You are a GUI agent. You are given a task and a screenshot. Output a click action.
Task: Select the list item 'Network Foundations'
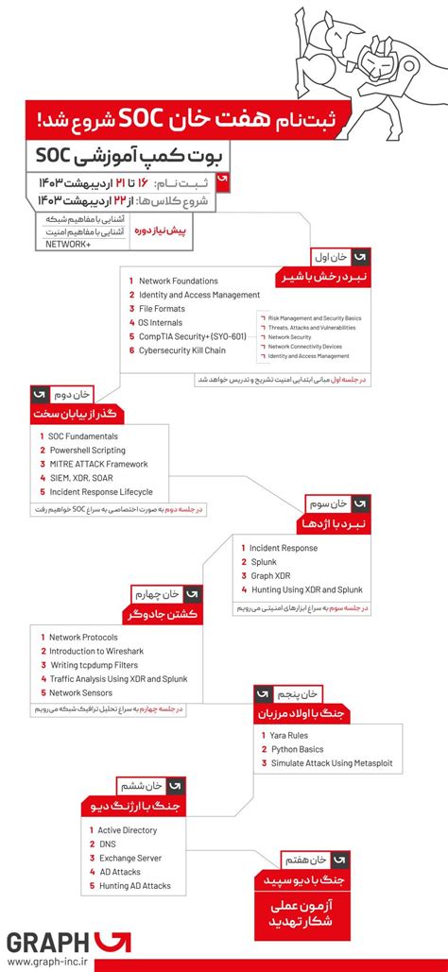point(178,281)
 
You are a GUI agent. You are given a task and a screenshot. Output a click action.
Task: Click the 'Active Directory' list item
point(128,830)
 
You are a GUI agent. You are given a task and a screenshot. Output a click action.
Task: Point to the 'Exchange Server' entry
point(129,858)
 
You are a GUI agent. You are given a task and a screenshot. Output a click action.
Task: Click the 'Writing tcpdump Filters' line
point(96,665)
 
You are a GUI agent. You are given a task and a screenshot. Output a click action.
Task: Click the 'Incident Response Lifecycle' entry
point(101,492)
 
